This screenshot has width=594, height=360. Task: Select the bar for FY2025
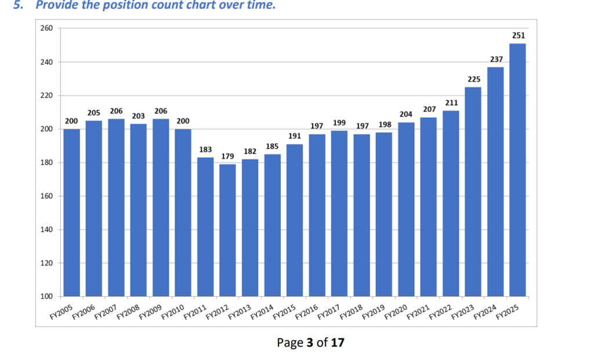point(517,170)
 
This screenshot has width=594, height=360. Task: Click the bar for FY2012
point(227,230)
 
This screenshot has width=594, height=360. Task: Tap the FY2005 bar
point(71,213)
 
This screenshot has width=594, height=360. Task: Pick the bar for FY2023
point(473,192)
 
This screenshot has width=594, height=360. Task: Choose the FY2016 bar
point(317,216)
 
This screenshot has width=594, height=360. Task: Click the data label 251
point(519,35)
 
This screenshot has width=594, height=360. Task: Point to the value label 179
point(227,157)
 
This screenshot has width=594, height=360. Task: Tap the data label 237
point(497,60)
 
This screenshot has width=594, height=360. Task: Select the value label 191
point(295,136)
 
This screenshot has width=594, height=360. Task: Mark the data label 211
point(451,103)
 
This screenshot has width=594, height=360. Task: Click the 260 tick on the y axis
point(46,28)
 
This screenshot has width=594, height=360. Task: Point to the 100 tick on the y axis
point(46,296)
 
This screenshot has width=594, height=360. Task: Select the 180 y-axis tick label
point(46,163)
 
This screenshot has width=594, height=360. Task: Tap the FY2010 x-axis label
point(172,312)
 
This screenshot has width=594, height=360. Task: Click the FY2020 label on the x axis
point(396,312)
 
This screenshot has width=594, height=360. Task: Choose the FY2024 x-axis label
point(485,312)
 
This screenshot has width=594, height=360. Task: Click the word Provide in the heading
point(56,5)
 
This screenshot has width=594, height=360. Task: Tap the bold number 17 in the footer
point(338,343)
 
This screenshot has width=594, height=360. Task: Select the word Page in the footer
point(290,343)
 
